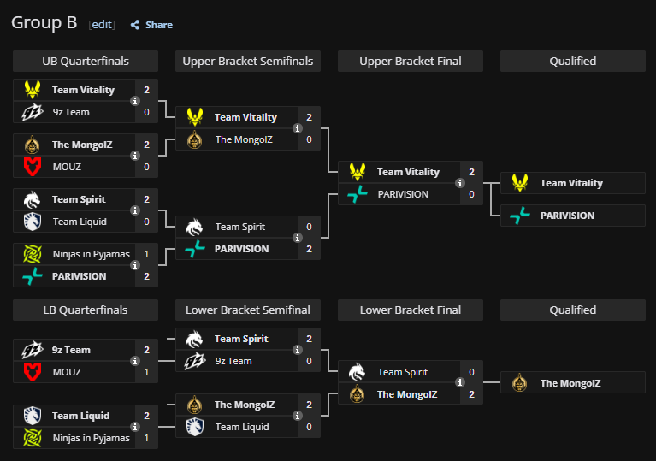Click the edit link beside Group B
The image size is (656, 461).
[102, 25]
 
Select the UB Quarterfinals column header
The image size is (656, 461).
[86, 61]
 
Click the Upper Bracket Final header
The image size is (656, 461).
[411, 61]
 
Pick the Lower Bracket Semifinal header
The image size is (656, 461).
[248, 310]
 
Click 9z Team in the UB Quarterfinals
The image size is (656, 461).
[71, 112]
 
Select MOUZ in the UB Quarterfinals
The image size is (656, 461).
[67, 167]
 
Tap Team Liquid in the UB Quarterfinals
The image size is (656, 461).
[79, 222]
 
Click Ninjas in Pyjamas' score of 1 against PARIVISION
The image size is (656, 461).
[146, 254]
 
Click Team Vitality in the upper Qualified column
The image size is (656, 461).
[570, 183]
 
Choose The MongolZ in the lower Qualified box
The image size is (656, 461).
[570, 383]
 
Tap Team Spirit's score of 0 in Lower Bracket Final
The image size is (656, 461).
[471, 372]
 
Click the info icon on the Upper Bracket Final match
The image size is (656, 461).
[459, 183]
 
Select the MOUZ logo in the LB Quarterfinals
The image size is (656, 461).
[33, 372]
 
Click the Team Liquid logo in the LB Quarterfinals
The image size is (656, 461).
[33, 416]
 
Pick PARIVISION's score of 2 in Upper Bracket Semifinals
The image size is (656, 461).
[309, 249]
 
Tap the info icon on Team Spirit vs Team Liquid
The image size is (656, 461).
[134, 210]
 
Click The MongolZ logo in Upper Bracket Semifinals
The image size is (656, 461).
[195, 139]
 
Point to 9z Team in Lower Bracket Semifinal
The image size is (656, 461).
[233, 361]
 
